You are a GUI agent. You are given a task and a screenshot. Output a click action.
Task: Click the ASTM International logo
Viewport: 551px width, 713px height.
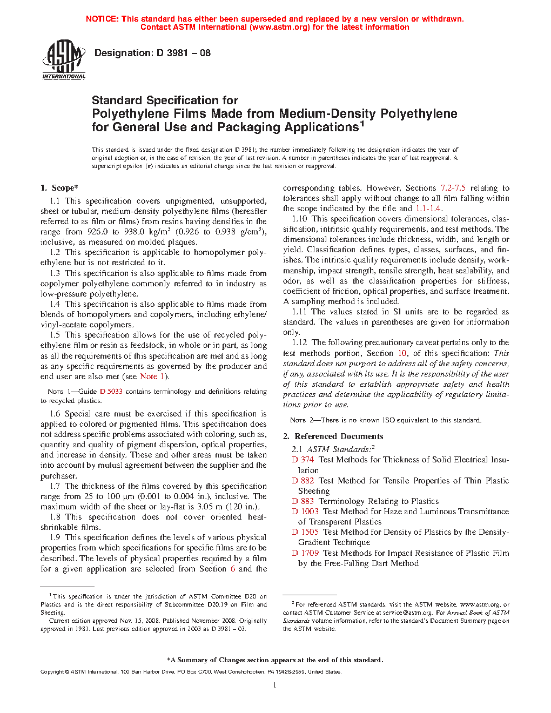[x=64, y=59]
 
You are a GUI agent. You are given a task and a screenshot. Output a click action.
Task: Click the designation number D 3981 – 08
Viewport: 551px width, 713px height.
[x=183, y=53]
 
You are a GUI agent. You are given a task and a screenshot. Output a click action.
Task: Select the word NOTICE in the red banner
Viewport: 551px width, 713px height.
[x=102, y=19]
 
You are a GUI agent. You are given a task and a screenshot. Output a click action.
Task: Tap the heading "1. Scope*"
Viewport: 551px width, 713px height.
[x=59, y=188]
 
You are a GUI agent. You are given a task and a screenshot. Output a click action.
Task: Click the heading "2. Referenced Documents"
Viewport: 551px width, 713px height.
[x=333, y=436]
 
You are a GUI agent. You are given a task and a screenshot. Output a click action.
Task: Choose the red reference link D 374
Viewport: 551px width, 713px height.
[x=303, y=460]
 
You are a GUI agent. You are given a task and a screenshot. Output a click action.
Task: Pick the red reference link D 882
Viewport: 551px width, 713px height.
[x=303, y=481]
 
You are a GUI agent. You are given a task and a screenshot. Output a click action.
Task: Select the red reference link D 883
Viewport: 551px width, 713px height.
[x=303, y=501]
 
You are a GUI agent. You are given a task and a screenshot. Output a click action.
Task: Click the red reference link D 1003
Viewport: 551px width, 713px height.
[x=305, y=512]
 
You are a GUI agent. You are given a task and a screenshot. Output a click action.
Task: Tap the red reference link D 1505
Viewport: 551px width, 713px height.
[x=305, y=532]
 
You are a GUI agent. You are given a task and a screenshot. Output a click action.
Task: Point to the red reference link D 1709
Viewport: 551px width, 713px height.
[x=305, y=553]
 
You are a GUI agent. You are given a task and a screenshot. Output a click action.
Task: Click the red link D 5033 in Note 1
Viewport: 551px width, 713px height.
[x=111, y=392]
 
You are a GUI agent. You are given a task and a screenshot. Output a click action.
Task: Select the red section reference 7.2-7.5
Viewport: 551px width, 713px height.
[x=453, y=188]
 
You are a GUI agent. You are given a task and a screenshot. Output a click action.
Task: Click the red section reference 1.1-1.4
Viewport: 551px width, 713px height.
[x=428, y=208]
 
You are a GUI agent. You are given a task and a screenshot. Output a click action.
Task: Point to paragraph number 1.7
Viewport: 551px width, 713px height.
[x=55, y=486]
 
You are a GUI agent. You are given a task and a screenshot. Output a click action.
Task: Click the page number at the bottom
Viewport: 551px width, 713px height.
[x=275, y=685]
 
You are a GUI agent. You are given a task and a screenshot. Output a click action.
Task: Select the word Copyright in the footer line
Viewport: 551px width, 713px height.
[x=52, y=672]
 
